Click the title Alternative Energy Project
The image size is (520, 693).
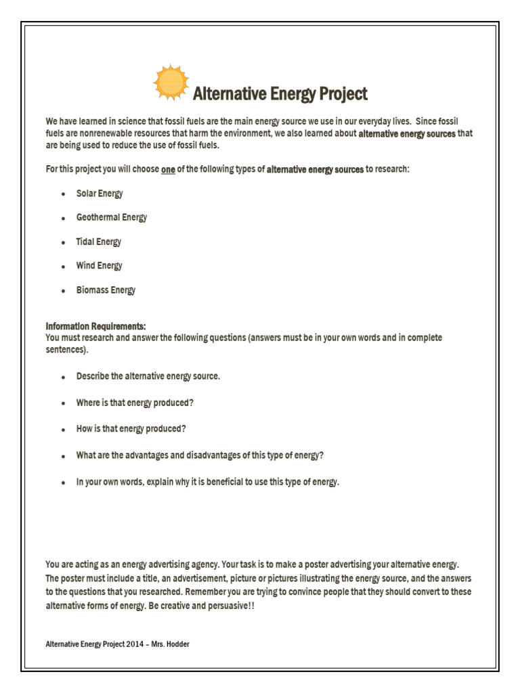[280, 93]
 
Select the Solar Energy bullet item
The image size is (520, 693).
[100, 194]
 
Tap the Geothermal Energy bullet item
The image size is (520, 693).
[111, 217]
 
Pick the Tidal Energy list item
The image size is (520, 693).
[98, 242]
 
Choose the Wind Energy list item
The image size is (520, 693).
[99, 266]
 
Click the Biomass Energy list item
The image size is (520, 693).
[106, 290]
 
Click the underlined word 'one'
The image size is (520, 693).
[168, 169]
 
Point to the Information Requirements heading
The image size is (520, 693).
[95, 326]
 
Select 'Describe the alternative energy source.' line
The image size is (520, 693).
[148, 376]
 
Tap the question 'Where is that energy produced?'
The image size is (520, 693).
[135, 403]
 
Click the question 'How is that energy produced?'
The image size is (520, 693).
[131, 429]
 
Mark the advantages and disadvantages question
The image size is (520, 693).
[200, 455]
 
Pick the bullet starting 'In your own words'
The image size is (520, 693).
[207, 482]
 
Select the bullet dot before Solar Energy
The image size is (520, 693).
[63, 194]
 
